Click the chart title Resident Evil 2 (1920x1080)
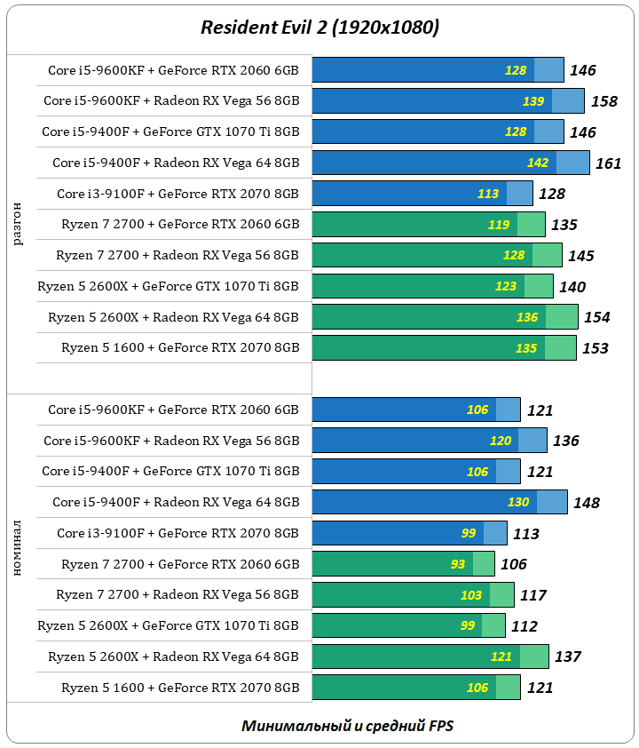319,28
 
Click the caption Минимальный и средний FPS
348,726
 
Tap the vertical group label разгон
19,224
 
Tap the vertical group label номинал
19,550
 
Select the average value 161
608,163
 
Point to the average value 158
603,101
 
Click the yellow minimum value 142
538,163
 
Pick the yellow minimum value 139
533,101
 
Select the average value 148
587,503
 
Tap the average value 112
525,626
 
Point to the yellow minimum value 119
499,225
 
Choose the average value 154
596,317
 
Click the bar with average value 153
444,348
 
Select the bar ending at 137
430,656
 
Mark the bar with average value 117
413,595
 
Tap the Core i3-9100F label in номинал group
177,534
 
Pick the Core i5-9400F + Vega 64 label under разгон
176,163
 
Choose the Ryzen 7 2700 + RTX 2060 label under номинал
180,564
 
